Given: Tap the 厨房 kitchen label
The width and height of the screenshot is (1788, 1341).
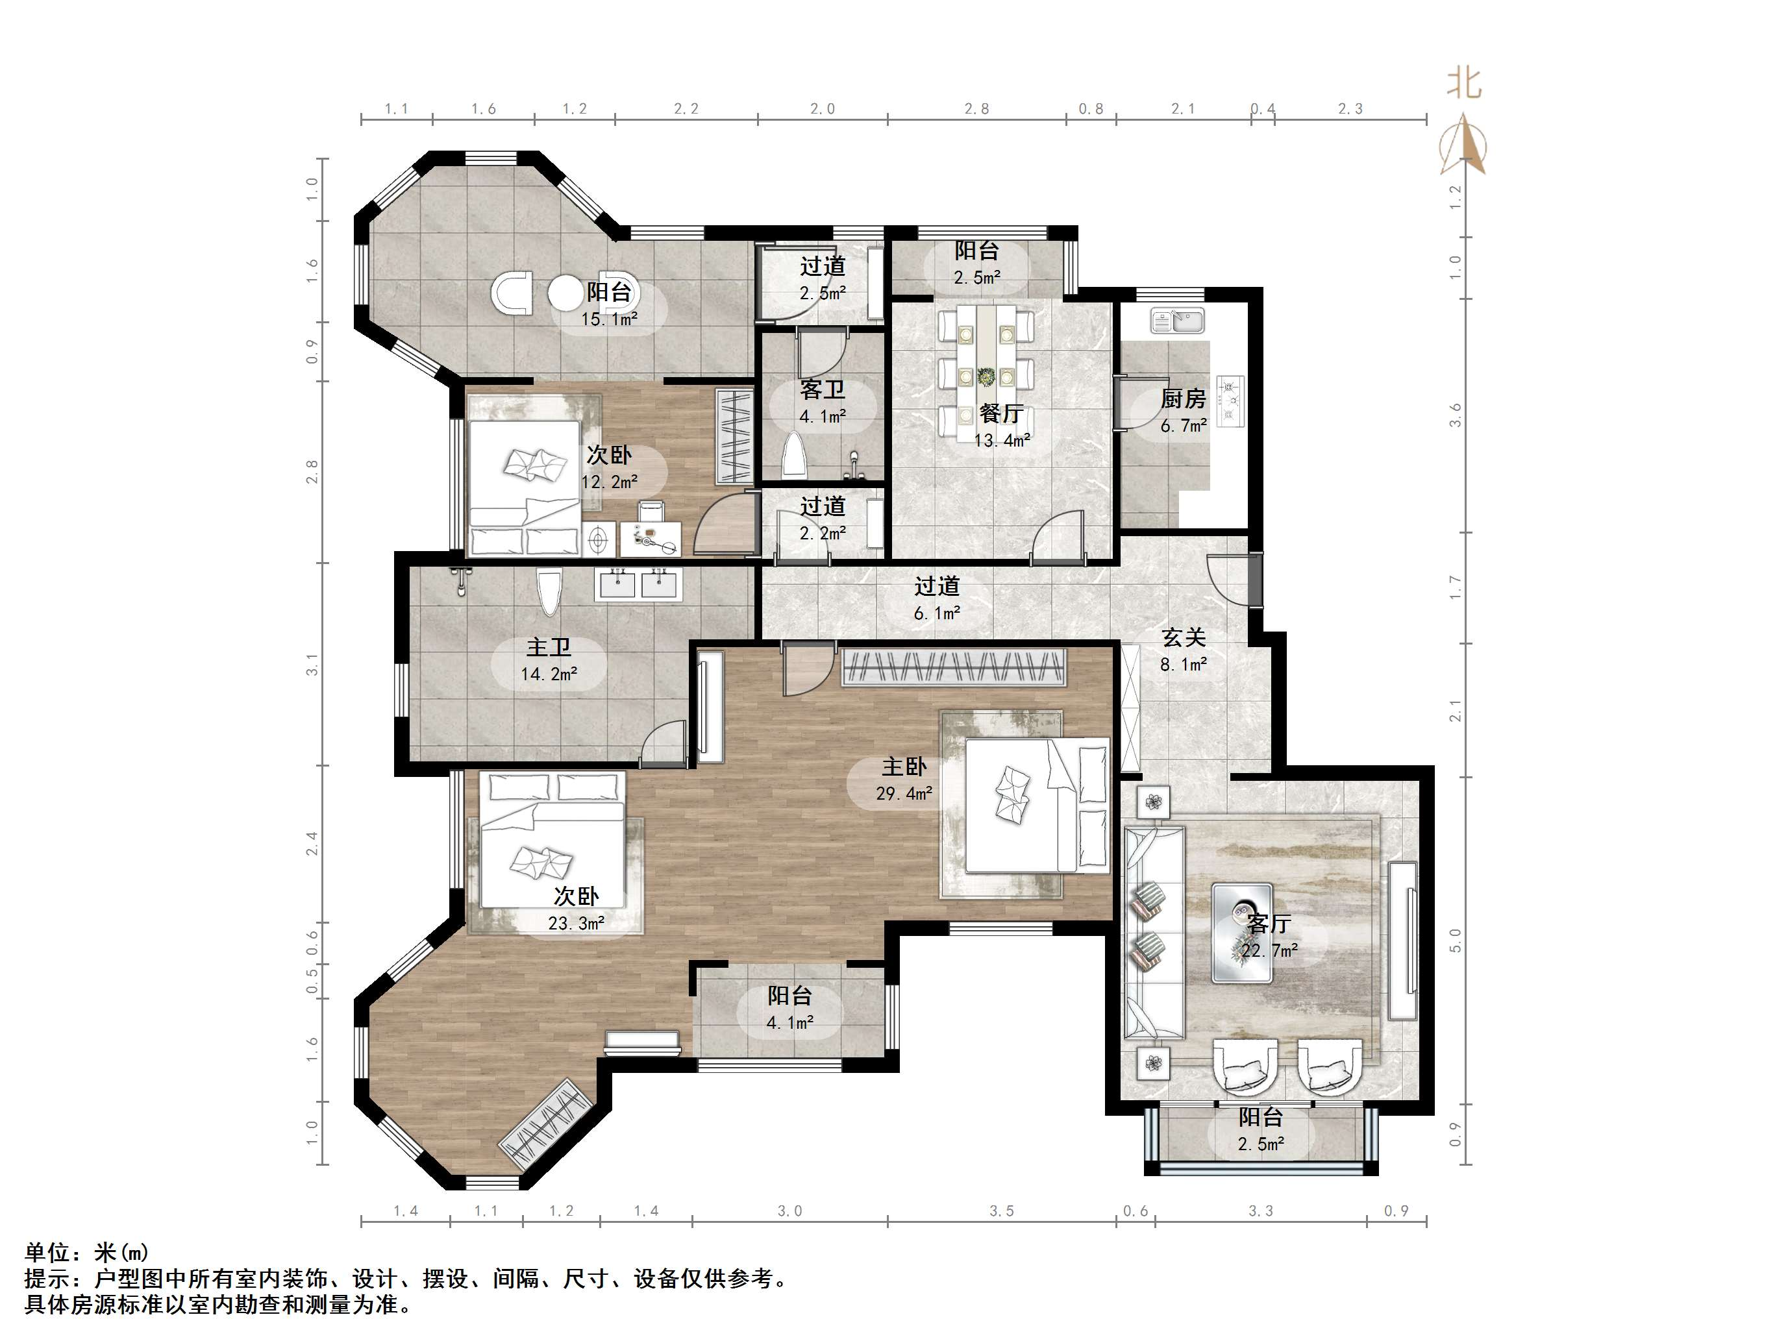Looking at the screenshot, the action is point(1184,399).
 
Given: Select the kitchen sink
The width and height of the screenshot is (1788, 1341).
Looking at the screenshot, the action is point(1178,320).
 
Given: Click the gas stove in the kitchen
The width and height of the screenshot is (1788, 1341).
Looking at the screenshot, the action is point(1231,401).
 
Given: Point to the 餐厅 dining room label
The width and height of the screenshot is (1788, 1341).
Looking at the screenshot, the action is point(1002,413).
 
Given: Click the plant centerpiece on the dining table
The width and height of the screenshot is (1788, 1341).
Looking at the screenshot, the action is point(986,376).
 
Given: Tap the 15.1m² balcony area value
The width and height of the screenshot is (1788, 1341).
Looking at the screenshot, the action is point(610,319).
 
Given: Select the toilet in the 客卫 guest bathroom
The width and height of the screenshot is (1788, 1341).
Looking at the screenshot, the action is point(795,454).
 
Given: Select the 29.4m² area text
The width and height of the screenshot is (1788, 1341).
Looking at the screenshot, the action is point(904,794).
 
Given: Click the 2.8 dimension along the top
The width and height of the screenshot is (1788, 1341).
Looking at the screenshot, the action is point(976,109).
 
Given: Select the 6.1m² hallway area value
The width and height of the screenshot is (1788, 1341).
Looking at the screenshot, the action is point(937,613).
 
